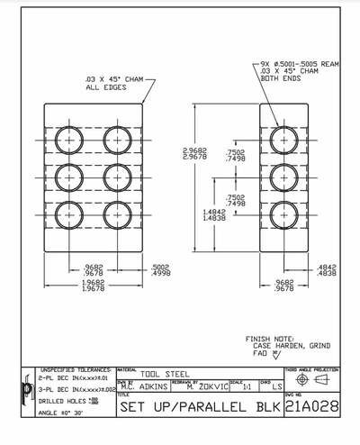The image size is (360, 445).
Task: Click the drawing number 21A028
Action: click(311, 407)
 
